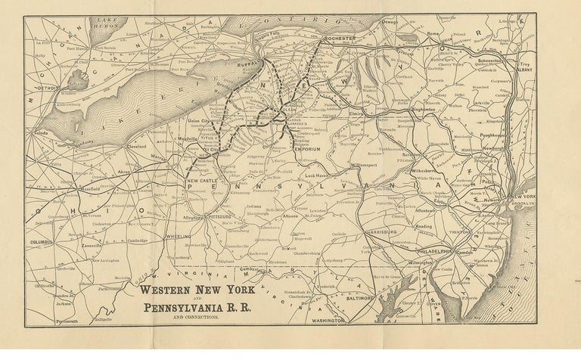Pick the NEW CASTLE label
(x=203, y=182)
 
